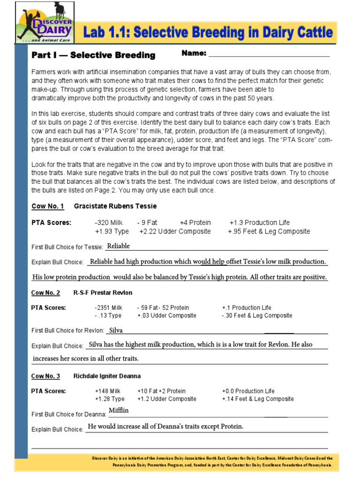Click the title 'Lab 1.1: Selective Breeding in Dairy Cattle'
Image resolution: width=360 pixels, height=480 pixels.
[208, 33]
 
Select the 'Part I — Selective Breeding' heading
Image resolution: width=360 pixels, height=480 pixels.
[93, 55]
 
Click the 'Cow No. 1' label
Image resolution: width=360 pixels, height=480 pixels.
[47, 206]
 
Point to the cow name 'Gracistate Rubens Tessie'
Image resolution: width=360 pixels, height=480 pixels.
[115, 206]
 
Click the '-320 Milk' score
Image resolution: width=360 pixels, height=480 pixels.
[109, 223]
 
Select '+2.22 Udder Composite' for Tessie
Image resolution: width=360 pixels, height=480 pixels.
[175, 231]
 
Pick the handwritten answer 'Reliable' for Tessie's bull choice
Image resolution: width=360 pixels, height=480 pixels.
[119, 246]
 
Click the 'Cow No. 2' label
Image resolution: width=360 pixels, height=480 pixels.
[45, 292]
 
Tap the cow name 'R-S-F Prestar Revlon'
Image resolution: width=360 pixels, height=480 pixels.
[103, 292]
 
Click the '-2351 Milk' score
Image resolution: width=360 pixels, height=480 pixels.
[108, 307]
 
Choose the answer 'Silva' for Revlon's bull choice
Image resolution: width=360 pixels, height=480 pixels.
[116, 330]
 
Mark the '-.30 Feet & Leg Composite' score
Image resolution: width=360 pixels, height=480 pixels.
[257, 315]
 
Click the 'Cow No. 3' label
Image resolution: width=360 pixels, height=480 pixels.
[45, 376]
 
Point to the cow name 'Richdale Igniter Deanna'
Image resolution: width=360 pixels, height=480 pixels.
[107, 376]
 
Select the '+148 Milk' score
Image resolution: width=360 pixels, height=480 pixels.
[108, 391]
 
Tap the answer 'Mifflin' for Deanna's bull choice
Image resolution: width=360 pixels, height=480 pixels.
[119, 411]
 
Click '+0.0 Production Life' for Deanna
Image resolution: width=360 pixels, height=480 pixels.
[248, 391]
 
